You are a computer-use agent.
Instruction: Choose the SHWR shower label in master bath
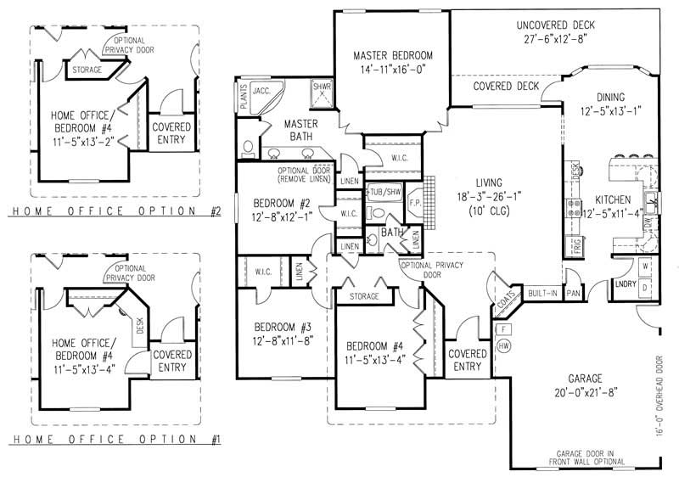(x=323, y=87)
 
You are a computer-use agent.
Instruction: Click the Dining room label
(x=609, y=98)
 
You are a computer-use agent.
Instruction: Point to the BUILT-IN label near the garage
(x=542, y=292)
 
